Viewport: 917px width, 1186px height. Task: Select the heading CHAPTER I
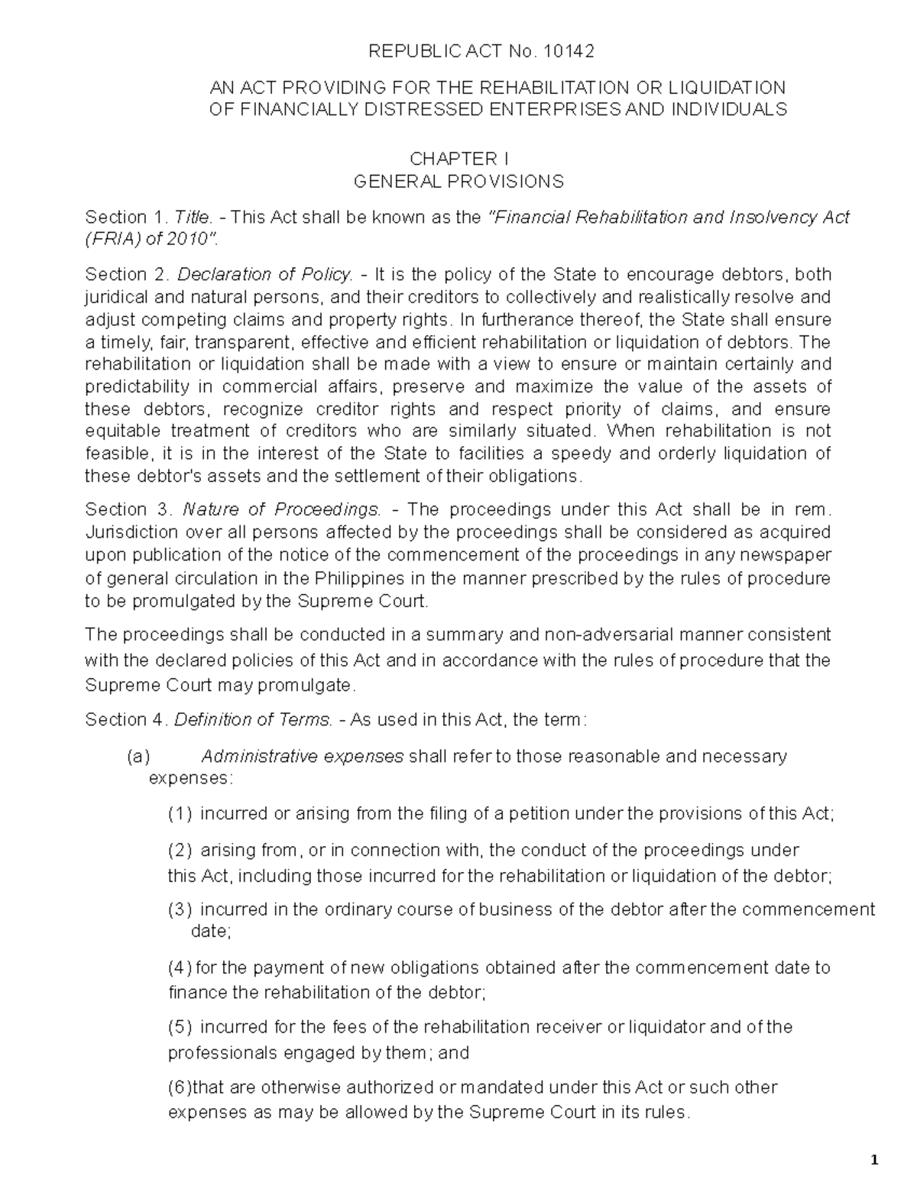[x=458, y=159]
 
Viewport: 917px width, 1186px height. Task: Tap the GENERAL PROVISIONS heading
[x=458, y=182]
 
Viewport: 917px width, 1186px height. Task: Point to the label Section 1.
[x=125, y=217]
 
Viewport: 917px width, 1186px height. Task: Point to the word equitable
[x=122, y=431]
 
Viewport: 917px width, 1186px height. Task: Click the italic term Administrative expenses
[x=302, y=757]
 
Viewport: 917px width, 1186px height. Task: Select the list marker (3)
[x=180, y=910]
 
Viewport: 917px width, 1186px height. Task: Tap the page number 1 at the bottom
[x=874, y=1161]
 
